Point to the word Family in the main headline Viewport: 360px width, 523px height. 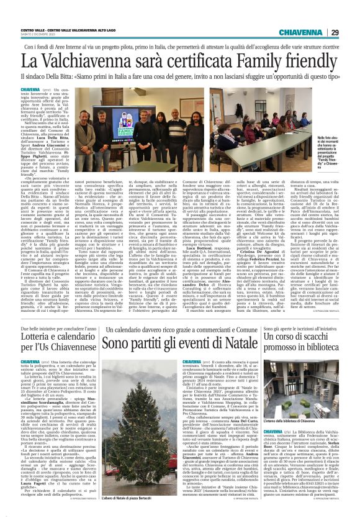tap(259, 61)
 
